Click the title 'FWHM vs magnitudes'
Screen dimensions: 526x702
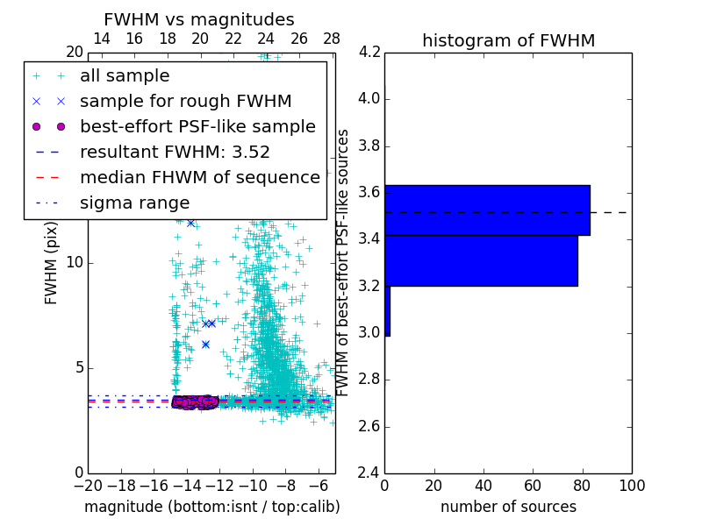199,19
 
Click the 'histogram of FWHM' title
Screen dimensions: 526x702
508,40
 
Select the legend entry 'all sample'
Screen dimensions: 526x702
125,76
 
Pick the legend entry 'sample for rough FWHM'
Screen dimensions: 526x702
185,101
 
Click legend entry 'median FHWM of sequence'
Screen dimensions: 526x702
199,177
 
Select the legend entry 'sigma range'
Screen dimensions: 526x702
134,203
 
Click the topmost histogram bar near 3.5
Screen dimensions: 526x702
487,210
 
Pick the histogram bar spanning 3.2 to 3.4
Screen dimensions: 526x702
481,260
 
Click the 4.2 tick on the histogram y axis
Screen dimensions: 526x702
369,52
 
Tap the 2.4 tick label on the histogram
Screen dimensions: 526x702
369,473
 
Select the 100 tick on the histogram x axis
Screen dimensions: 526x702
631,486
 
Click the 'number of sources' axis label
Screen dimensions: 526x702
508,507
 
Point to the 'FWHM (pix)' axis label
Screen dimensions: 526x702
51,264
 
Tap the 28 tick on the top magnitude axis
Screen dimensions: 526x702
332,39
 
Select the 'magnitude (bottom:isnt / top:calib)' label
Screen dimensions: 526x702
211,507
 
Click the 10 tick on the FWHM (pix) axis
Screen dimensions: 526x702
75,262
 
